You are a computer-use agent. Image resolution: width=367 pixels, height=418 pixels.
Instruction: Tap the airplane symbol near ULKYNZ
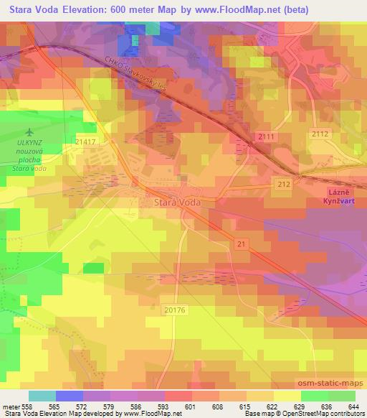tap(29, 132)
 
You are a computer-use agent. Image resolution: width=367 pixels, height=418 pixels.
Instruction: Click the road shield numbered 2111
tap(267, 136)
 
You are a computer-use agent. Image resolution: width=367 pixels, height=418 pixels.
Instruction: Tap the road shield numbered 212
tap(283, 185)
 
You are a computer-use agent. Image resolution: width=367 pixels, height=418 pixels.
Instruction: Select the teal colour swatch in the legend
tap(42, 396)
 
